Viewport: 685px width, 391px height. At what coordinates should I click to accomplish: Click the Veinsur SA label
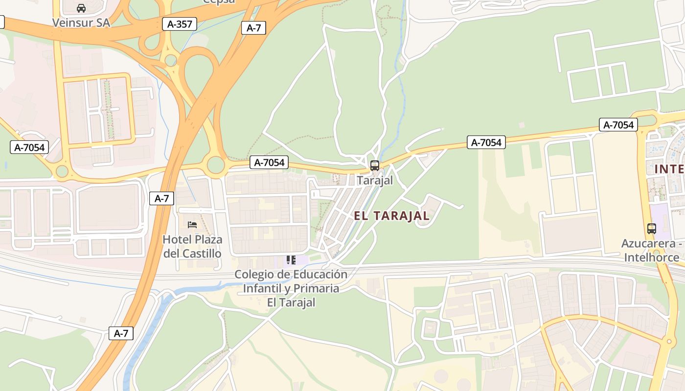point(81,23)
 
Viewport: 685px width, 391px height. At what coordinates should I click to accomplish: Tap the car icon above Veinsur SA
point(81,8)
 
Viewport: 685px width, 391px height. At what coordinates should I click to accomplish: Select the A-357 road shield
point(180,24)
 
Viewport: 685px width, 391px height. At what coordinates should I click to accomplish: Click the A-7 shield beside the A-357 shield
point(253,28)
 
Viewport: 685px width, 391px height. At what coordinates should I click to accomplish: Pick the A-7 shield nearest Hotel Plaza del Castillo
point(161,198)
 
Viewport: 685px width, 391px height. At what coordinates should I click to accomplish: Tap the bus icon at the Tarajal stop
point(375,165)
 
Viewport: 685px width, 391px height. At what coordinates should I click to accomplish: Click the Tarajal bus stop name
point(375,180)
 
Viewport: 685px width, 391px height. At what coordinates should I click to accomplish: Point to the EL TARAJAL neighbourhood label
point(391,216)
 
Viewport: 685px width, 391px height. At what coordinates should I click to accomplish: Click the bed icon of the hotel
point(192,225)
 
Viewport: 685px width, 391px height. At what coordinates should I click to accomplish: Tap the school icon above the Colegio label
point(291,260)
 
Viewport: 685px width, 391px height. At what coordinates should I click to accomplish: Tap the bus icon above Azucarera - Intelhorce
point(651,228)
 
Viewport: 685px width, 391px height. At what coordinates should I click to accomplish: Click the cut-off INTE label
point(669,169)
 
